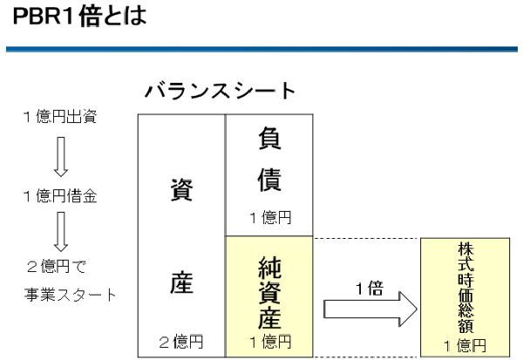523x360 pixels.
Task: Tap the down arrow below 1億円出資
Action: [x=59, y=156]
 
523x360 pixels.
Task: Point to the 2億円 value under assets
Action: [x=181, y=340]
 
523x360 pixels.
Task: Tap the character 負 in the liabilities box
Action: [x=268, y=138]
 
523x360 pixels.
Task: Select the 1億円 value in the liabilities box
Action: [x=268, y=218]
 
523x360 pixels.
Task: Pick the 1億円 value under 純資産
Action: [x=268, y=340]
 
